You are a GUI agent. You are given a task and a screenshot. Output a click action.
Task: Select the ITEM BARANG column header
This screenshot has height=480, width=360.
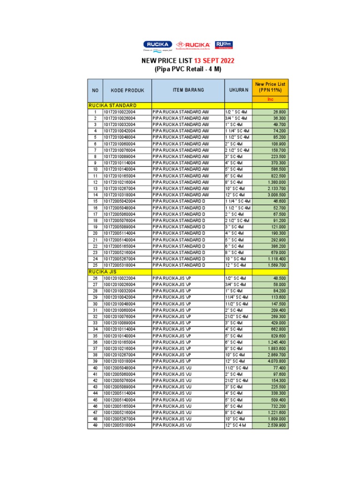pyautogui.click(x=188, y=90)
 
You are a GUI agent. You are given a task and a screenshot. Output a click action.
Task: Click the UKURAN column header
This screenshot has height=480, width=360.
pyautogui.click(x=238, y=90)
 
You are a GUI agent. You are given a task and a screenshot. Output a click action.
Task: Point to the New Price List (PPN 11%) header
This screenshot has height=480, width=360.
pyautogui.click(x=270, y=87)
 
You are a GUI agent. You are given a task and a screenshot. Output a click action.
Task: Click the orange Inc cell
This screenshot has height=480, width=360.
pyautogui.click(x=270, y=99)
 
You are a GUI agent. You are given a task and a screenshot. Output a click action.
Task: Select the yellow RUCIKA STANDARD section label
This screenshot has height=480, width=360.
pyautogui.click(x=112, y=105)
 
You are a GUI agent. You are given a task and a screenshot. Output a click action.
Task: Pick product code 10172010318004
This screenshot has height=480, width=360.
pyautogui.click(x=120, y=195)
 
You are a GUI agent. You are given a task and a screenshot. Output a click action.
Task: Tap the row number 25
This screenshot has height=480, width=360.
pyautogui.click(x=95, y=265)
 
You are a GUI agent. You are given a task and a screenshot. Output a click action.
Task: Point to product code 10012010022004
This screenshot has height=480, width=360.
pyautogui.click(x=120, y=278)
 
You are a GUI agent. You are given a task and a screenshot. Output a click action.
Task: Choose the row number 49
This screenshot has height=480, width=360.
pyautogui.click(x=95, y=426)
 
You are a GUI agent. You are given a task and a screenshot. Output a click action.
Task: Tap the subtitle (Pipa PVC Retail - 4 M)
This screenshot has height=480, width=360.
pyautogui.click(x=187, y=69)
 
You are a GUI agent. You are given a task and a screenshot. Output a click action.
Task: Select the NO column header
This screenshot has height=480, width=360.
pyautogui.click(x=95, y=90)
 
